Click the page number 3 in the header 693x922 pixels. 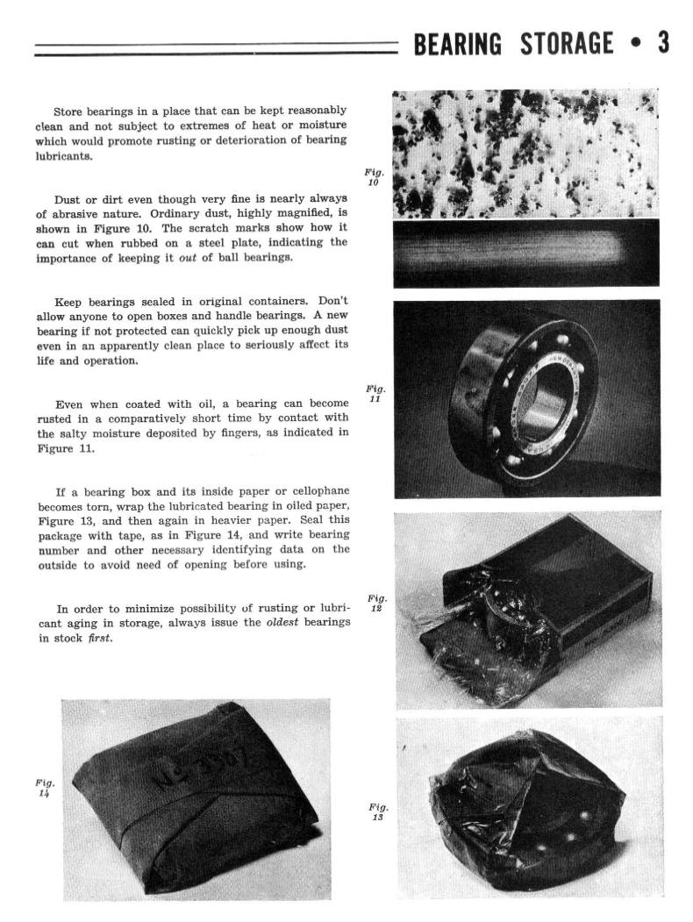click(x=663, y=43)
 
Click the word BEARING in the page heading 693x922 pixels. click(x=458, y=44)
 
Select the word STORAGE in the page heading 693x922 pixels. click(x=567, y=44)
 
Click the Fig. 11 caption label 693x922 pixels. click(x=375, y=393)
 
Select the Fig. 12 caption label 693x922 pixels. click(x=377, y=603)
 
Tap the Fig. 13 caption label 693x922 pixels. click(x=378, y=811)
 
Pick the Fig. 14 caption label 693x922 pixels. click(x=45, y=787)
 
